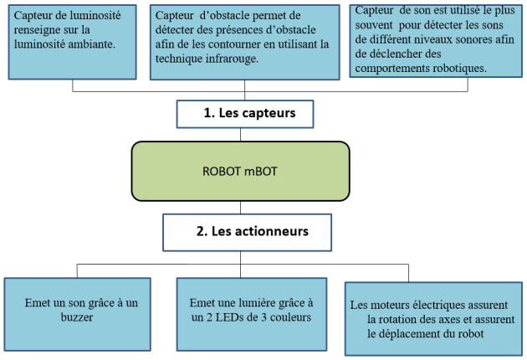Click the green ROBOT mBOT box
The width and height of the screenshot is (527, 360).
(x=240, y=172)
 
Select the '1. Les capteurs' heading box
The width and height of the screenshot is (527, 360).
(x=245, y=114)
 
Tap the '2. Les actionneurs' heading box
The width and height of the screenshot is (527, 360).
(x=247, y=233)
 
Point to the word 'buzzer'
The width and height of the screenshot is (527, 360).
(x=77, y=317)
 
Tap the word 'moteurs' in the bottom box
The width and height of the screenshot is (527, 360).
(x=389, y=305)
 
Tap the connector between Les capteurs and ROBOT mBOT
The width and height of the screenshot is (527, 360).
(x=240, y=135)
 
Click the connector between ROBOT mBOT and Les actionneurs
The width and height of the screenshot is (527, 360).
(x=240, y=208)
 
